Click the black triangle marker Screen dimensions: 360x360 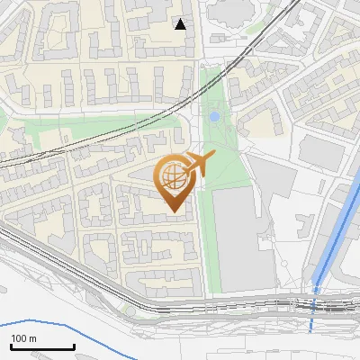click(x=181, y=24)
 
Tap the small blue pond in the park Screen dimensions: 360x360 click(x=214, y=117)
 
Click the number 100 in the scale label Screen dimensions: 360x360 click(x=19, y=338)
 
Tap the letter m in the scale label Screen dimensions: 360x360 click(x=32, y=338)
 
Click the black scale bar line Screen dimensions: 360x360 click(x=41, y=346)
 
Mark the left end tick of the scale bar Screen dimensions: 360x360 click(x=10, y=345)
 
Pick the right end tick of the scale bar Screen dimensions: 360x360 click(x=74, y=345)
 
